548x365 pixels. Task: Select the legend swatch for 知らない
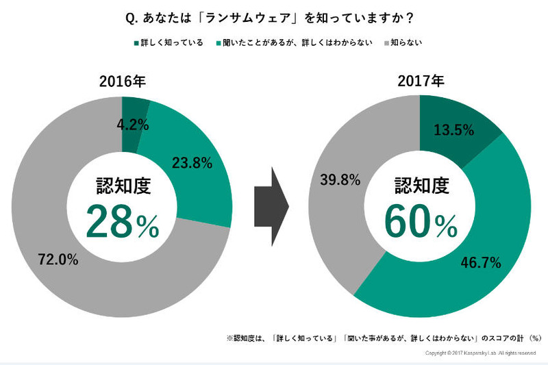tap(386, 44)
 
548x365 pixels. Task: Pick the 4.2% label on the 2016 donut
tap(130, 125)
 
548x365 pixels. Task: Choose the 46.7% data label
tap(481, 262)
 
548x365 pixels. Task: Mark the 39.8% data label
tap(340, 181)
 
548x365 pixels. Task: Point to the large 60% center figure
tap(420, 222)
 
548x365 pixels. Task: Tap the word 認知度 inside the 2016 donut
tap(122, 184)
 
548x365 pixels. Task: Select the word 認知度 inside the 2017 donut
tap(420, 184)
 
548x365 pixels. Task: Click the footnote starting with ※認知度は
tap(384, 338)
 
